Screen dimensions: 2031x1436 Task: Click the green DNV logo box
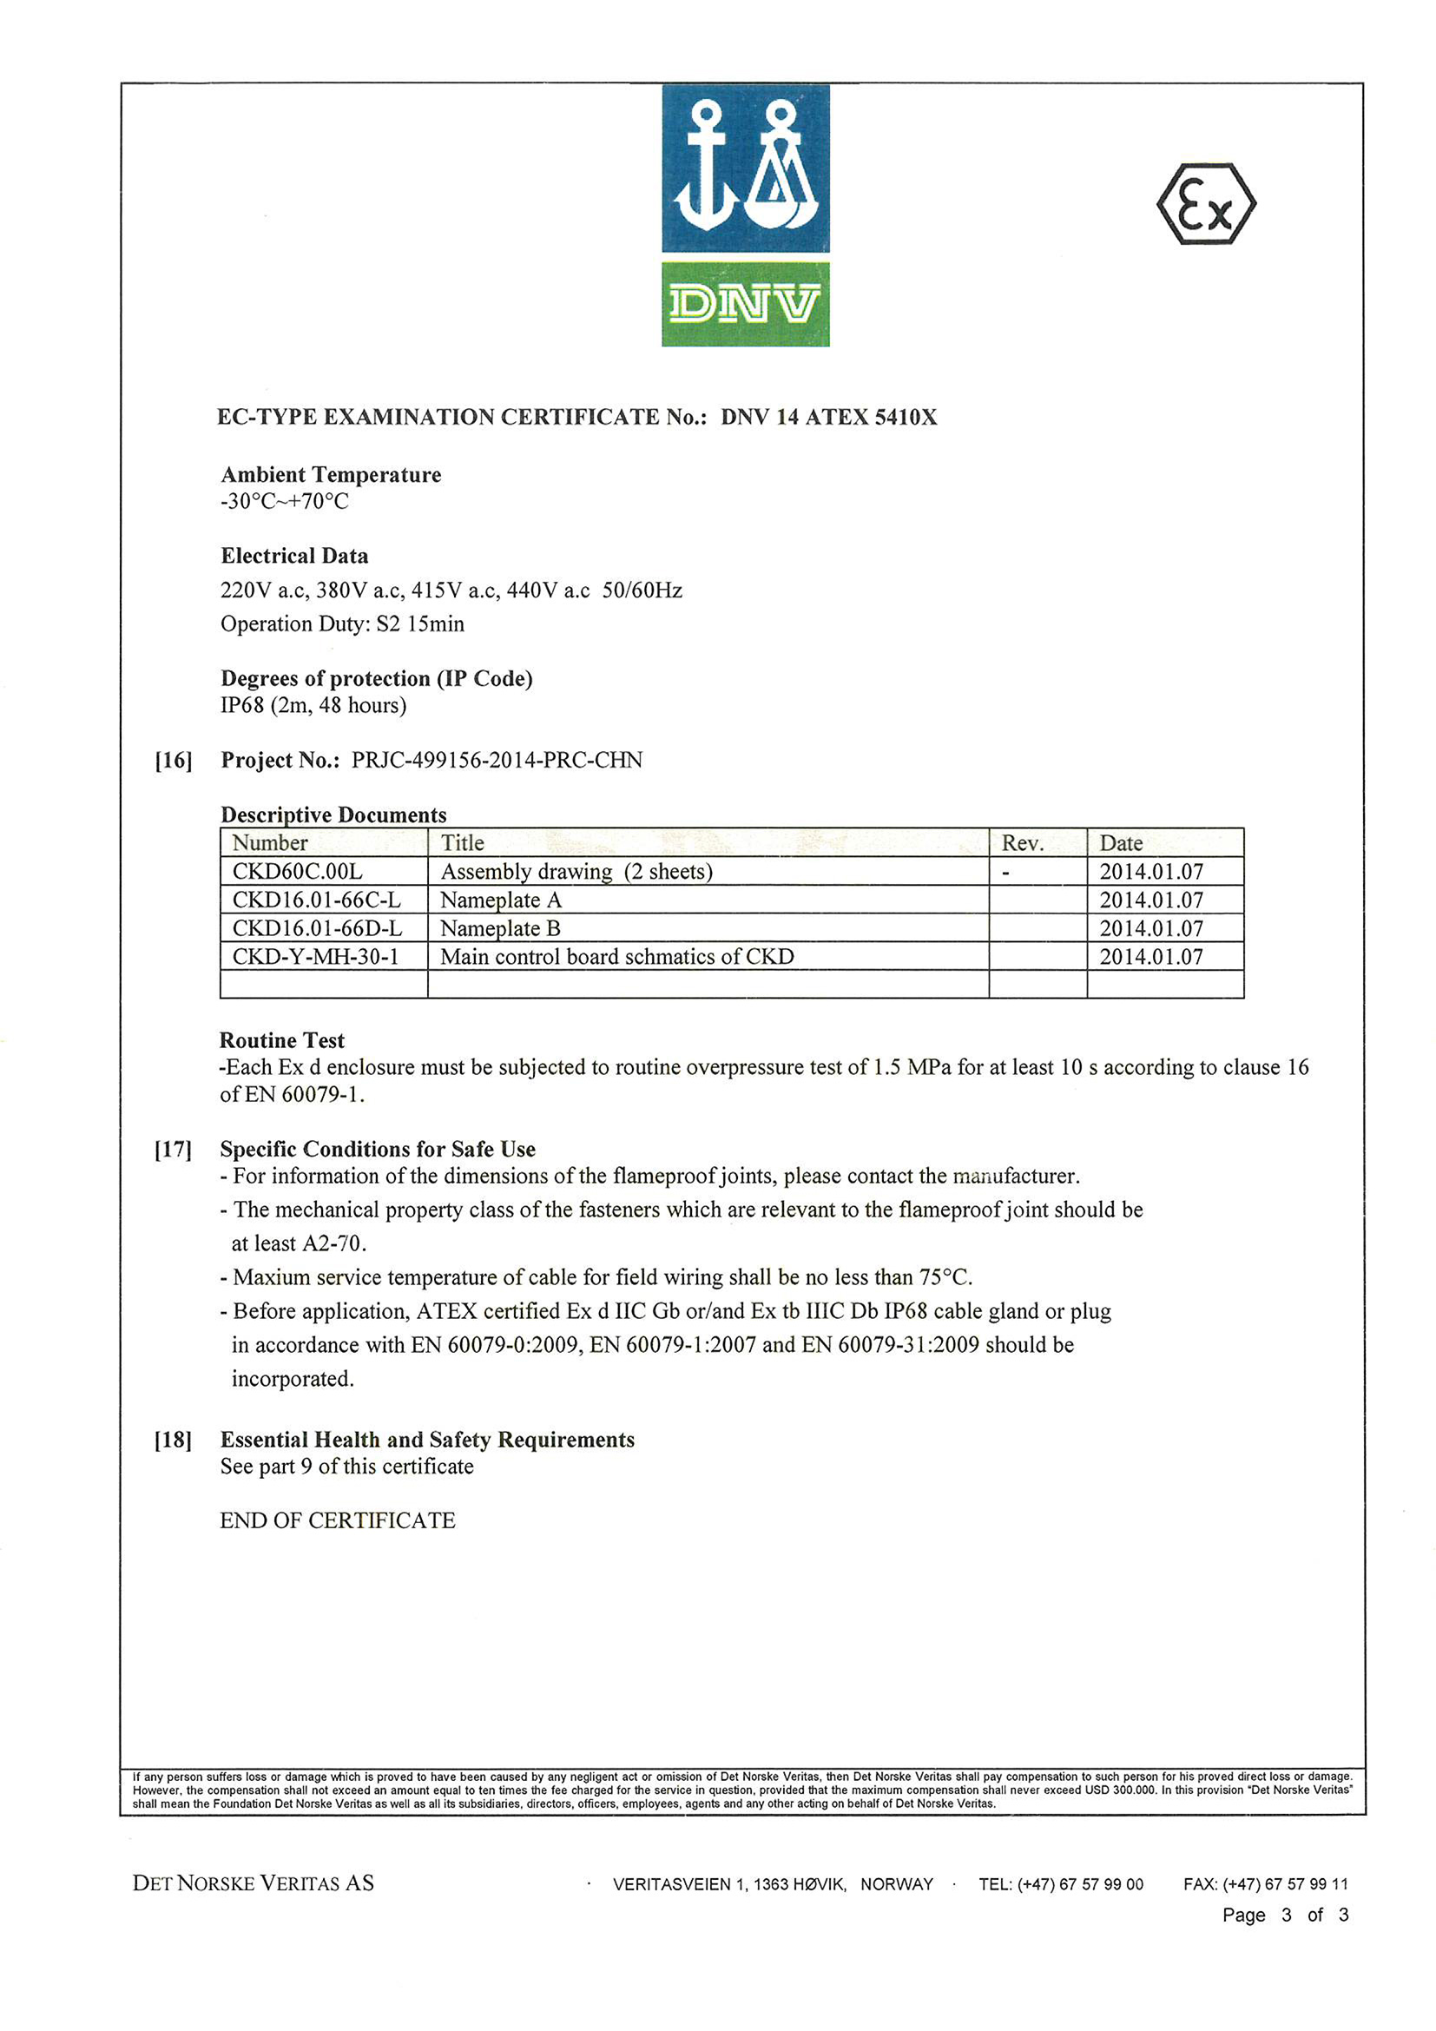745,303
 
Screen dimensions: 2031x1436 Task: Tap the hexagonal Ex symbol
1206,204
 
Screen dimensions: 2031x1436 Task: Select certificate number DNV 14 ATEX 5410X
828,417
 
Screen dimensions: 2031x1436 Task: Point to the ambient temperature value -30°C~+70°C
285,502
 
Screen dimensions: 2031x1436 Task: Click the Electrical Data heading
294,556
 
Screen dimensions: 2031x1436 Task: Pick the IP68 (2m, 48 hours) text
313,705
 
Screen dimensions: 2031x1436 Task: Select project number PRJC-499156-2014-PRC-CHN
497,760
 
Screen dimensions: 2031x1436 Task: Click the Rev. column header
1022,843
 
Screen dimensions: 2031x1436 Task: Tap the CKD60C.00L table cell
297,871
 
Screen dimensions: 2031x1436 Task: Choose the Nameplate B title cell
500,928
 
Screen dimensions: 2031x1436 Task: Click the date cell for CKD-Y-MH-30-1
1151,956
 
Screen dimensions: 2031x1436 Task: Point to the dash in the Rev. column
1006,872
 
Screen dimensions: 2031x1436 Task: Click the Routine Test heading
282,1040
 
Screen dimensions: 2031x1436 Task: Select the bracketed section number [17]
174,1149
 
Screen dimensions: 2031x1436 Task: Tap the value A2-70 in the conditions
333,1243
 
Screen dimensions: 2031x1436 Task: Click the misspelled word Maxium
272,1277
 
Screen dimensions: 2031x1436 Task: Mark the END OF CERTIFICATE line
337,1520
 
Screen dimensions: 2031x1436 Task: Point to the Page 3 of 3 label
1285,1916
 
